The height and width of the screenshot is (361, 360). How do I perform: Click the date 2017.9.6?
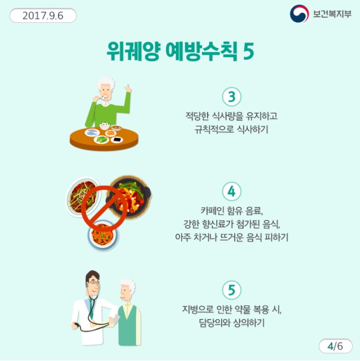point(43,16)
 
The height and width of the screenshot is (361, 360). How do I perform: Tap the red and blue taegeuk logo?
point(299,14)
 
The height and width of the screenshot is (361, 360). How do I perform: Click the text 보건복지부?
point(332,14)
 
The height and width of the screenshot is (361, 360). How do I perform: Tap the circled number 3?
point(232,97)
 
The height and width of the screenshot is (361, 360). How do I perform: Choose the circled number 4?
point(232,191)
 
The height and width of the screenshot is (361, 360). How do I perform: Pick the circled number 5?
point(232,290)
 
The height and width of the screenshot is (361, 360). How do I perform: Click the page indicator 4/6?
point(336,346)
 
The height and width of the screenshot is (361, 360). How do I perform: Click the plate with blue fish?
point(92,133)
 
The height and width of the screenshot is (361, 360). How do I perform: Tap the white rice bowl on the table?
point(105,126)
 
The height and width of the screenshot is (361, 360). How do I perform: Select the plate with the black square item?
point(117,140)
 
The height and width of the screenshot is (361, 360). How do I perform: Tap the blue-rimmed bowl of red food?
point(103,235)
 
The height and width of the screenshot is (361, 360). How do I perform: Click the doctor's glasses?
point(94,282)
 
